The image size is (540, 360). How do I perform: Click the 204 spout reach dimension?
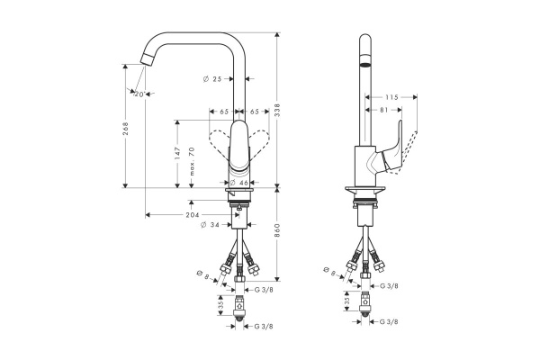(x=193, y=215)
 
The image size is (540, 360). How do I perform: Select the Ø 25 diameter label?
(x=212, y=80)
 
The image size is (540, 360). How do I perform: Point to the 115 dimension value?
(x=390, y=97)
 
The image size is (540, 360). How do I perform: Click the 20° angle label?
(x=139, y=94)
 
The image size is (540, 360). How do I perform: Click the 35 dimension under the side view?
(x=347, y=304)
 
